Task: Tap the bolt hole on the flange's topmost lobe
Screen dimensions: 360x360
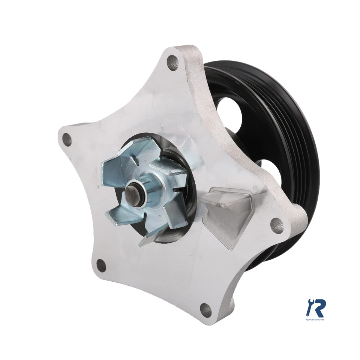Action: (x=173, y=62)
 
